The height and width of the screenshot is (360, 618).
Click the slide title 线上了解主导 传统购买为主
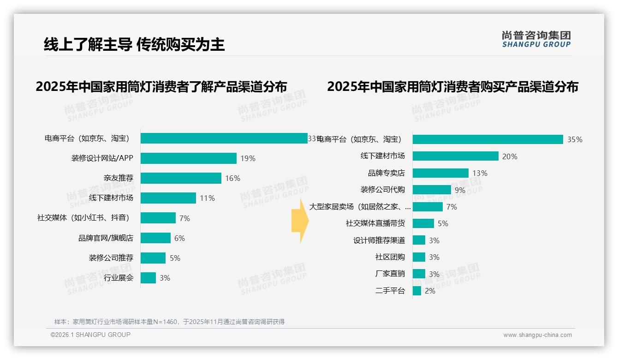click(x=134, y=44)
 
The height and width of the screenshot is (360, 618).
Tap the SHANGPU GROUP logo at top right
click(x=536, y=39)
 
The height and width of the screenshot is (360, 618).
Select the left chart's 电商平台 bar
click(x=224, y=138)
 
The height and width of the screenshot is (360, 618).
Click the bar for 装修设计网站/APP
click(x=188, y=158)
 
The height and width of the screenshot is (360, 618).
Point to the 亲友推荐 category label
click(x=118, y=178)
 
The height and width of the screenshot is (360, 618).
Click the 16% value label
click(x=232, y=179)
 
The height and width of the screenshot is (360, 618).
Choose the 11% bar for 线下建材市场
click(x=168, y=198)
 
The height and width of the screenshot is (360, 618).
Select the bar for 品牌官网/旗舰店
click(x=155, y=238)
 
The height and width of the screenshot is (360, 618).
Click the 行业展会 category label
click(x=118, y=278)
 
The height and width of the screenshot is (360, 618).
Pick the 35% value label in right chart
click(x=575, y=140)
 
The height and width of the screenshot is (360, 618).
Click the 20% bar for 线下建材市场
click(x=455, y=156)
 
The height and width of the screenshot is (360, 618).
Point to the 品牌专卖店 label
click(x=386, y=173)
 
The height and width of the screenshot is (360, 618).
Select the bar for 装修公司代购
click(x=432, y=190)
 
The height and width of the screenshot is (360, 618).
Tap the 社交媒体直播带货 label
click(x=375, y=223)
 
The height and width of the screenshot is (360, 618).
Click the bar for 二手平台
click(x=416, y=291)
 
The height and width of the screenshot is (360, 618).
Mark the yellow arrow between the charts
click(x=300, y=223)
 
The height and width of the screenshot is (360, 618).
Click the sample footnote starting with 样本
click(x=169, y=322)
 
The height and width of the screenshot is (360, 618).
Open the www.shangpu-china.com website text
click(x=537, y=335)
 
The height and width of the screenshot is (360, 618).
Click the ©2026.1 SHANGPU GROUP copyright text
click(x=90, y=335)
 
